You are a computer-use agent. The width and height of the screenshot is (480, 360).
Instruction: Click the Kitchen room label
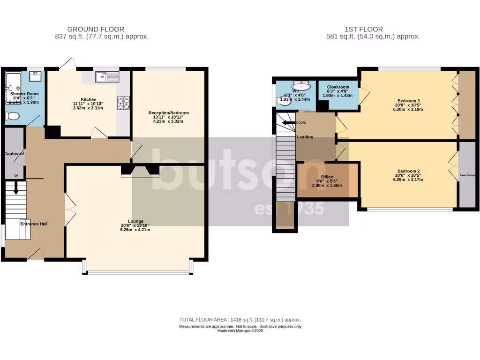(88, 99)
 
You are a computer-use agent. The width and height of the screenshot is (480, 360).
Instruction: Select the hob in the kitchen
(123, 103)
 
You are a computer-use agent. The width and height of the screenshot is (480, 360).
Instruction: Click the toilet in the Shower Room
(13, 116)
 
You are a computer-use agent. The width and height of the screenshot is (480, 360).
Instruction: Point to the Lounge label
(135, 221)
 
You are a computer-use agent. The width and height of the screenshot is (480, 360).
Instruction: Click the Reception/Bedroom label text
(168, 113)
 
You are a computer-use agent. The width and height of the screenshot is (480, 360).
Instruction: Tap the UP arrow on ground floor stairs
(16, 189)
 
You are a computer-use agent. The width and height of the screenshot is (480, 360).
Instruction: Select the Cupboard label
(14, 154)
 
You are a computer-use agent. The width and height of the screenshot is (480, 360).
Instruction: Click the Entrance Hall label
(34, 224)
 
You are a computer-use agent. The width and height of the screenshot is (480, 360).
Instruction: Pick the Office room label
(327, 177)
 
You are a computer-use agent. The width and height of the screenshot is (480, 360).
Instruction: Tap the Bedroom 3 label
(408, 101)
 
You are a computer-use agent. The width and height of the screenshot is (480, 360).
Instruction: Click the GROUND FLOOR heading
(96, 29)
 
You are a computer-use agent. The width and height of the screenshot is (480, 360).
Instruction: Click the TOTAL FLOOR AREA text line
(240, 320)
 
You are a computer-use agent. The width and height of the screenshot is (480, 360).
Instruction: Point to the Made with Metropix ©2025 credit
(240, 330)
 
